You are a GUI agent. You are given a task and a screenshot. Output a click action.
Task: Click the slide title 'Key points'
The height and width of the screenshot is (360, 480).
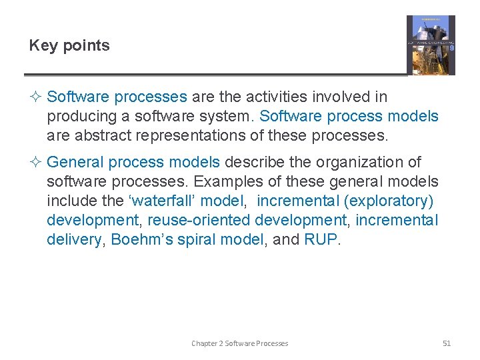69,45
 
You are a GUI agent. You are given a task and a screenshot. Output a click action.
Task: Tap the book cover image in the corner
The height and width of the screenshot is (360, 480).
431,45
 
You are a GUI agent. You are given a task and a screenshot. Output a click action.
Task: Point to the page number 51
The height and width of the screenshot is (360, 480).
447,343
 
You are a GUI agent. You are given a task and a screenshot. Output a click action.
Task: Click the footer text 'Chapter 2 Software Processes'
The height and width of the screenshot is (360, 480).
240,343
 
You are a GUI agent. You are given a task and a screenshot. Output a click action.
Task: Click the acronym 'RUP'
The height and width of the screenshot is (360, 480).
321,239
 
